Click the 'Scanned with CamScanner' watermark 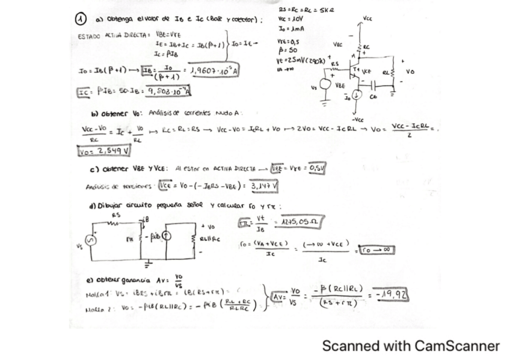pyautogui.click(x=411, y=346)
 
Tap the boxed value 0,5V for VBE pyautogui.click(x=315, y=168)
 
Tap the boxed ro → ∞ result pyautogui.click(x=375, y=248)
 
